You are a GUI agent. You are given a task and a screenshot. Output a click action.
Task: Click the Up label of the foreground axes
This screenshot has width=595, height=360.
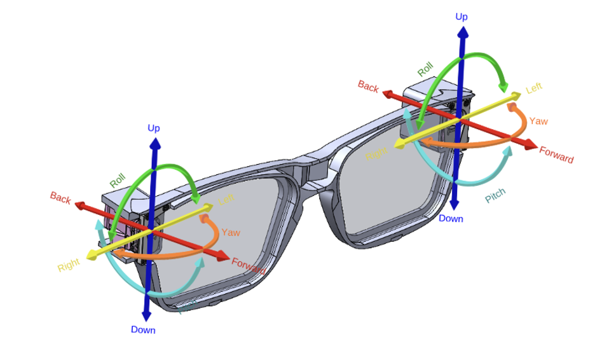tap(154, 128)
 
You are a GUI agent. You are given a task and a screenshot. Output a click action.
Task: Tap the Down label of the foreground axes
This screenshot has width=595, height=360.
tap(143, 329)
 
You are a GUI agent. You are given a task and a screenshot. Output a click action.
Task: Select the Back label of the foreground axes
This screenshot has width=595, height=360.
tap(60, 198)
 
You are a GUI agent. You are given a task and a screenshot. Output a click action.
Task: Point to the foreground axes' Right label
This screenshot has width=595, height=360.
tap(69, 265)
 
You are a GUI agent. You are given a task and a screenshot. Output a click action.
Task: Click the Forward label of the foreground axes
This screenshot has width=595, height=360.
tap(248, 265)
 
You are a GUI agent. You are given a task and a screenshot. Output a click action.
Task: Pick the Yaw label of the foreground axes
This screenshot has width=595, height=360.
tap(231, 232)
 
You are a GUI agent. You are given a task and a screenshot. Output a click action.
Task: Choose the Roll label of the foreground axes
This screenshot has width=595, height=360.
tap(118, 180)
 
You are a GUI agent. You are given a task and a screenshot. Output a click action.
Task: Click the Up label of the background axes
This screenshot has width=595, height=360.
tap(462, 17)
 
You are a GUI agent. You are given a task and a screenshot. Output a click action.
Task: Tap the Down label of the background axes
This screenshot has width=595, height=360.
tap(451, 218)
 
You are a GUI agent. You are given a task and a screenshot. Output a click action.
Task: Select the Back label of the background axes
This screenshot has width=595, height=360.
tap(368, 87)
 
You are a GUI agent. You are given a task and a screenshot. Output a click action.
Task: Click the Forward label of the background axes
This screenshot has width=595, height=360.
tap(556, 155)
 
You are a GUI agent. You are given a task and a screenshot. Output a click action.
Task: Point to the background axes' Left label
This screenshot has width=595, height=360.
tap(534, 88)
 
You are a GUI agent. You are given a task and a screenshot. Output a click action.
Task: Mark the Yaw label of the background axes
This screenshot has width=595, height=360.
tap(538, 121)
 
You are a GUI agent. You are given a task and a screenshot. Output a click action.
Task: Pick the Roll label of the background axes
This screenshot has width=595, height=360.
tap(425, 69)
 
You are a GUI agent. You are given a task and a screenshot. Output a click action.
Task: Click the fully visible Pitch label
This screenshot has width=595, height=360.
tap(496, 197)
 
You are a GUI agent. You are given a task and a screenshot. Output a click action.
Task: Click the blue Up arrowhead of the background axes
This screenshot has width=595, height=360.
tap(462, 31)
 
